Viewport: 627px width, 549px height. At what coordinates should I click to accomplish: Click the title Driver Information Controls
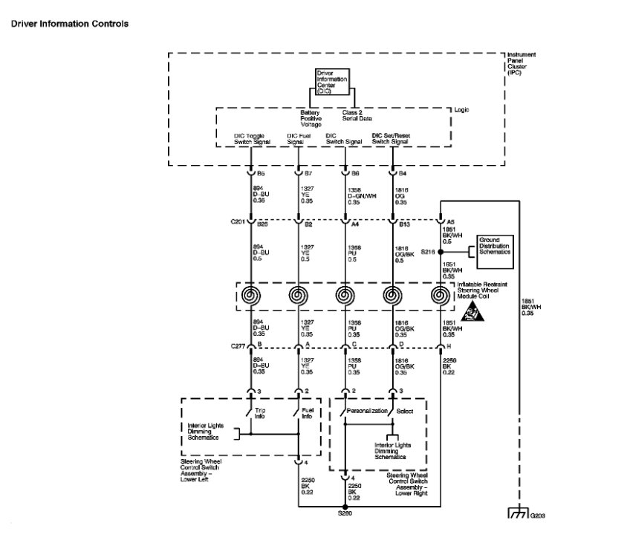tap(69, 24)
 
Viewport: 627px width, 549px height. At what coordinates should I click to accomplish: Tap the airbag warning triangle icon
tap(470, 313)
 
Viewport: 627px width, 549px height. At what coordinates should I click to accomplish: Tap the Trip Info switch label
tap(260, 413)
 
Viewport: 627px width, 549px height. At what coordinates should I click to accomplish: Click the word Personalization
tap(368, 411)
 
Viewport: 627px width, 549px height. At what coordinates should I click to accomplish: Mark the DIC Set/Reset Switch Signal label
tap(390, 139)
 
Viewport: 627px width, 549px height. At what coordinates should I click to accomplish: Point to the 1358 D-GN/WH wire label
tap(361, 195)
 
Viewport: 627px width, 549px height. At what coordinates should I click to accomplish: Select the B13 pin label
tap(404, 221)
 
